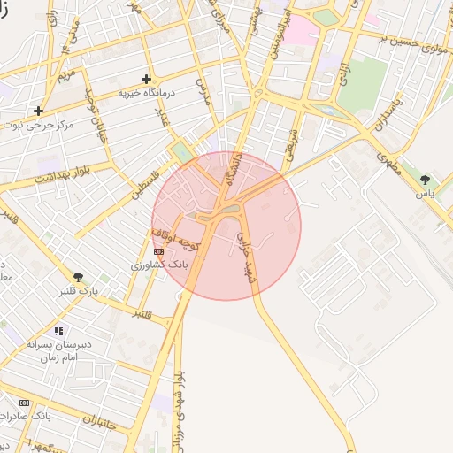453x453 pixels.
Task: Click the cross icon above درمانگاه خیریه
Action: click(146, 79)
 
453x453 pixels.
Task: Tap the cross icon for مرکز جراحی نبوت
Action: click(38, 111)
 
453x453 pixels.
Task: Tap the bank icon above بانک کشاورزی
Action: click(158, 252)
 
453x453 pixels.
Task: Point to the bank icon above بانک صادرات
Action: click(24, 403)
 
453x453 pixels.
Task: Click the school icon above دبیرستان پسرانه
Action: click(58, 331)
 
